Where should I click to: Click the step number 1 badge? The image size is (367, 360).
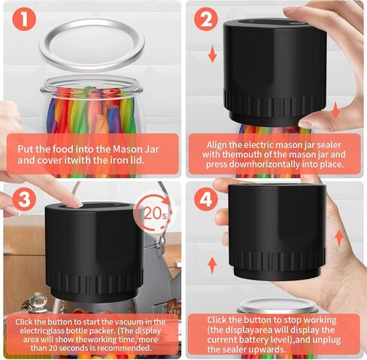24,19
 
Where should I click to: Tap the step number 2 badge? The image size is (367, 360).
206,19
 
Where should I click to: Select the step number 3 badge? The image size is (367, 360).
24,199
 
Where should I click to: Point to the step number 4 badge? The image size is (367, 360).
206,199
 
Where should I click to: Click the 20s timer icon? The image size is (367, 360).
153,213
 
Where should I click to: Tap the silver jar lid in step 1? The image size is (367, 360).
92,45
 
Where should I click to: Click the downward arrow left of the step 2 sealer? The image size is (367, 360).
212,54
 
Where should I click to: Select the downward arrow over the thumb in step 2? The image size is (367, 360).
335,110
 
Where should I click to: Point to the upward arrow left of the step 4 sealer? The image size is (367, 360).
212,265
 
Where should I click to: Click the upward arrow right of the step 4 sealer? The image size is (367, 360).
339,238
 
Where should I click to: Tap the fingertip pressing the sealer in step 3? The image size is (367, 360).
77,202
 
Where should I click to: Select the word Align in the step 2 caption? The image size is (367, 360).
217,145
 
